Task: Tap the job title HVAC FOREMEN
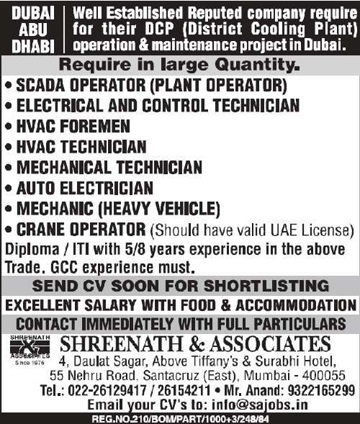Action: (72, 127)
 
